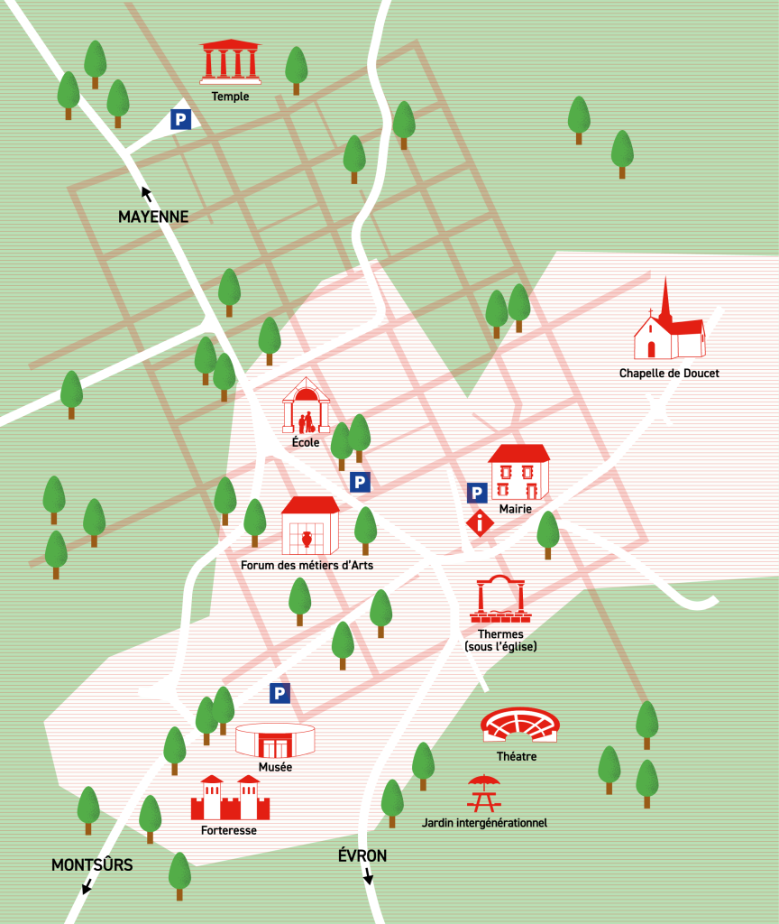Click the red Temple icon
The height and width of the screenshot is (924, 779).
[x=229, y=61]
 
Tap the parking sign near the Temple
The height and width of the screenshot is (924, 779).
[x=181, y=119]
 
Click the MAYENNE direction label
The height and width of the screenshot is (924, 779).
[x=153, y=217]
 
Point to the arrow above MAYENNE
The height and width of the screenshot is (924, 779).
[x=145, y=192]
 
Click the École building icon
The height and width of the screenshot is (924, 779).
[x=306, y=406]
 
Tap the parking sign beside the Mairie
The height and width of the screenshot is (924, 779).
[x=477, y=493]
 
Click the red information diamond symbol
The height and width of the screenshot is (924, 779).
[x=480, y=522]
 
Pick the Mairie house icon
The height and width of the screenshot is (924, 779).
[x=519, y=472]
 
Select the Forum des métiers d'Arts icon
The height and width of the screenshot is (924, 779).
[x=310, y=526]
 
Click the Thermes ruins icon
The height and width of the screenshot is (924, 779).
[x=500, y=600]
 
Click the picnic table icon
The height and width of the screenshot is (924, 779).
[x=483, y=793]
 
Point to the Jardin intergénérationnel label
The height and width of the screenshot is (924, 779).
[x=484, y=823]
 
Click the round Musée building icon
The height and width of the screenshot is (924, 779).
[x=275, y=740]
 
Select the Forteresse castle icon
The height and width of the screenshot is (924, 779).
[x=230, y=797]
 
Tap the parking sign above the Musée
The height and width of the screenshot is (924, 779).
[x=280, y=693]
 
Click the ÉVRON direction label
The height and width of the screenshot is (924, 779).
[x=362, y=855]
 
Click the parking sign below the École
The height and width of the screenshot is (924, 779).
[x=360, y=482]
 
